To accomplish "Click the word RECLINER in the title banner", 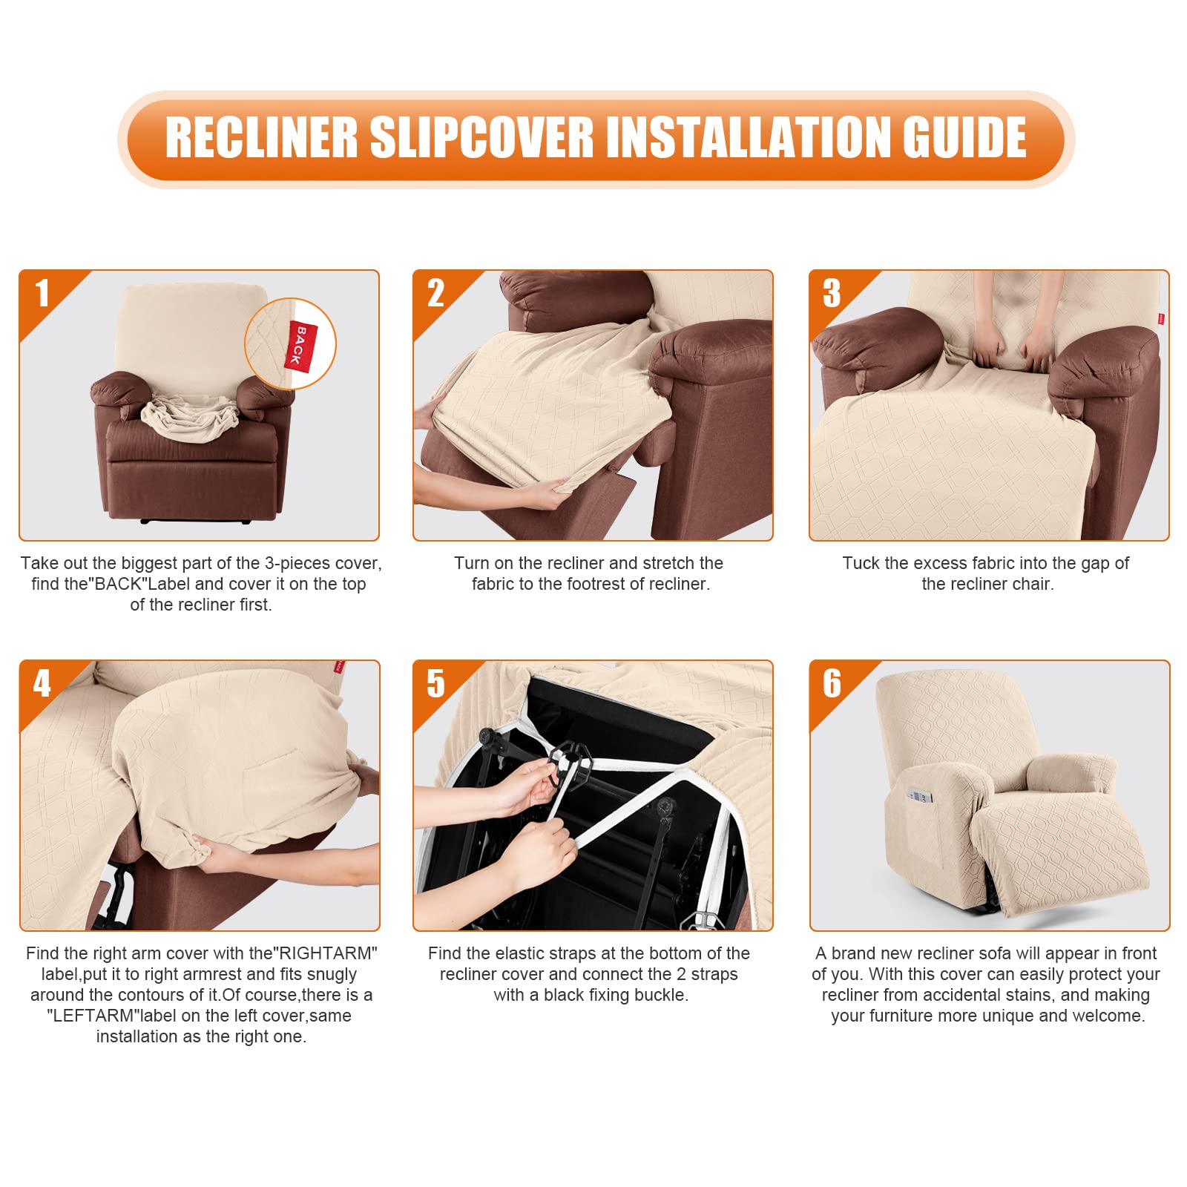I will [x=261, y=138].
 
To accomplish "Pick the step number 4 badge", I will [x=42, y=683].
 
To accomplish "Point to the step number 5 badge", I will [x=435, y=683].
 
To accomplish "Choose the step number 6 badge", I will [x=832, y=683].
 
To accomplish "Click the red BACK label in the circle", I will [x=300, y=345].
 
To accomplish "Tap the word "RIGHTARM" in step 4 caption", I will [x=326, y=953].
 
